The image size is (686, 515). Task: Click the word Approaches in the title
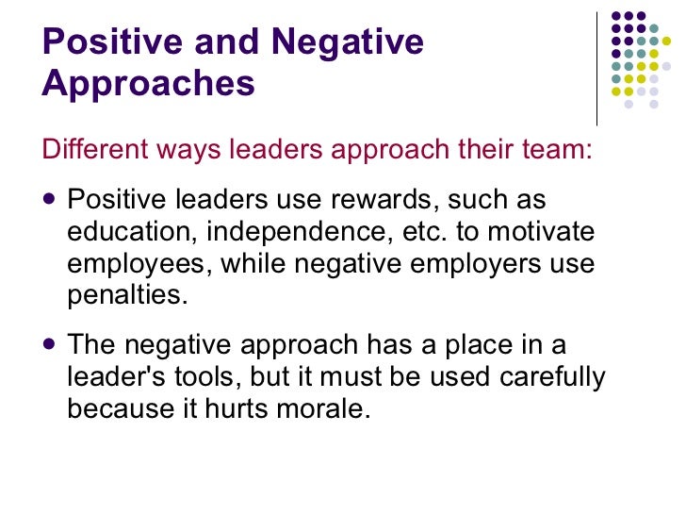pyautogui.click(x=149, y=84)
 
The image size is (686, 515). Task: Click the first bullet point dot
pyautogui.click(x=50, y=200)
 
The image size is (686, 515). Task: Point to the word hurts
pyautogui.click(x=250, y=408)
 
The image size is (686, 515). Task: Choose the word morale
pyautogui.click(x=328, y=408)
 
